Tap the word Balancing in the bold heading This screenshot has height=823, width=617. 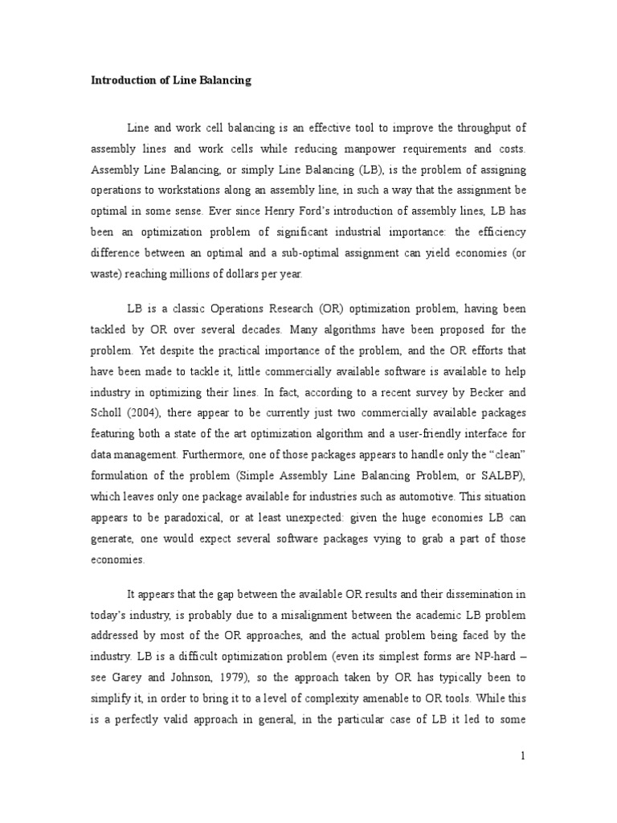tap(221, 80)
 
